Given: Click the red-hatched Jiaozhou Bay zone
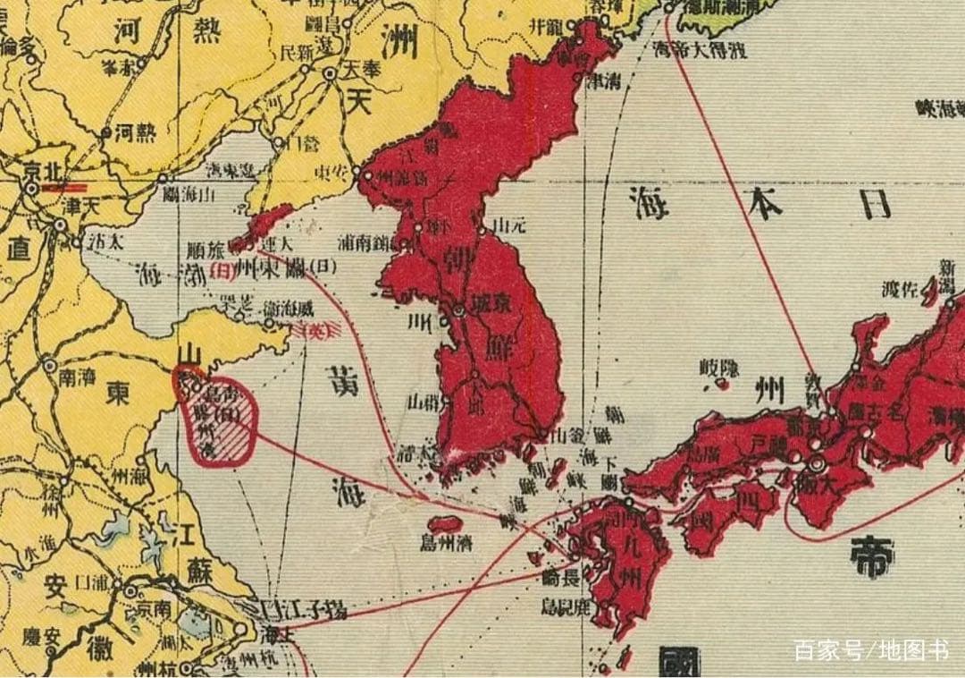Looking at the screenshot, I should [x=234, y=440].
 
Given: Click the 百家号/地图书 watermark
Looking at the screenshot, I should [x=871, y=650].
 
